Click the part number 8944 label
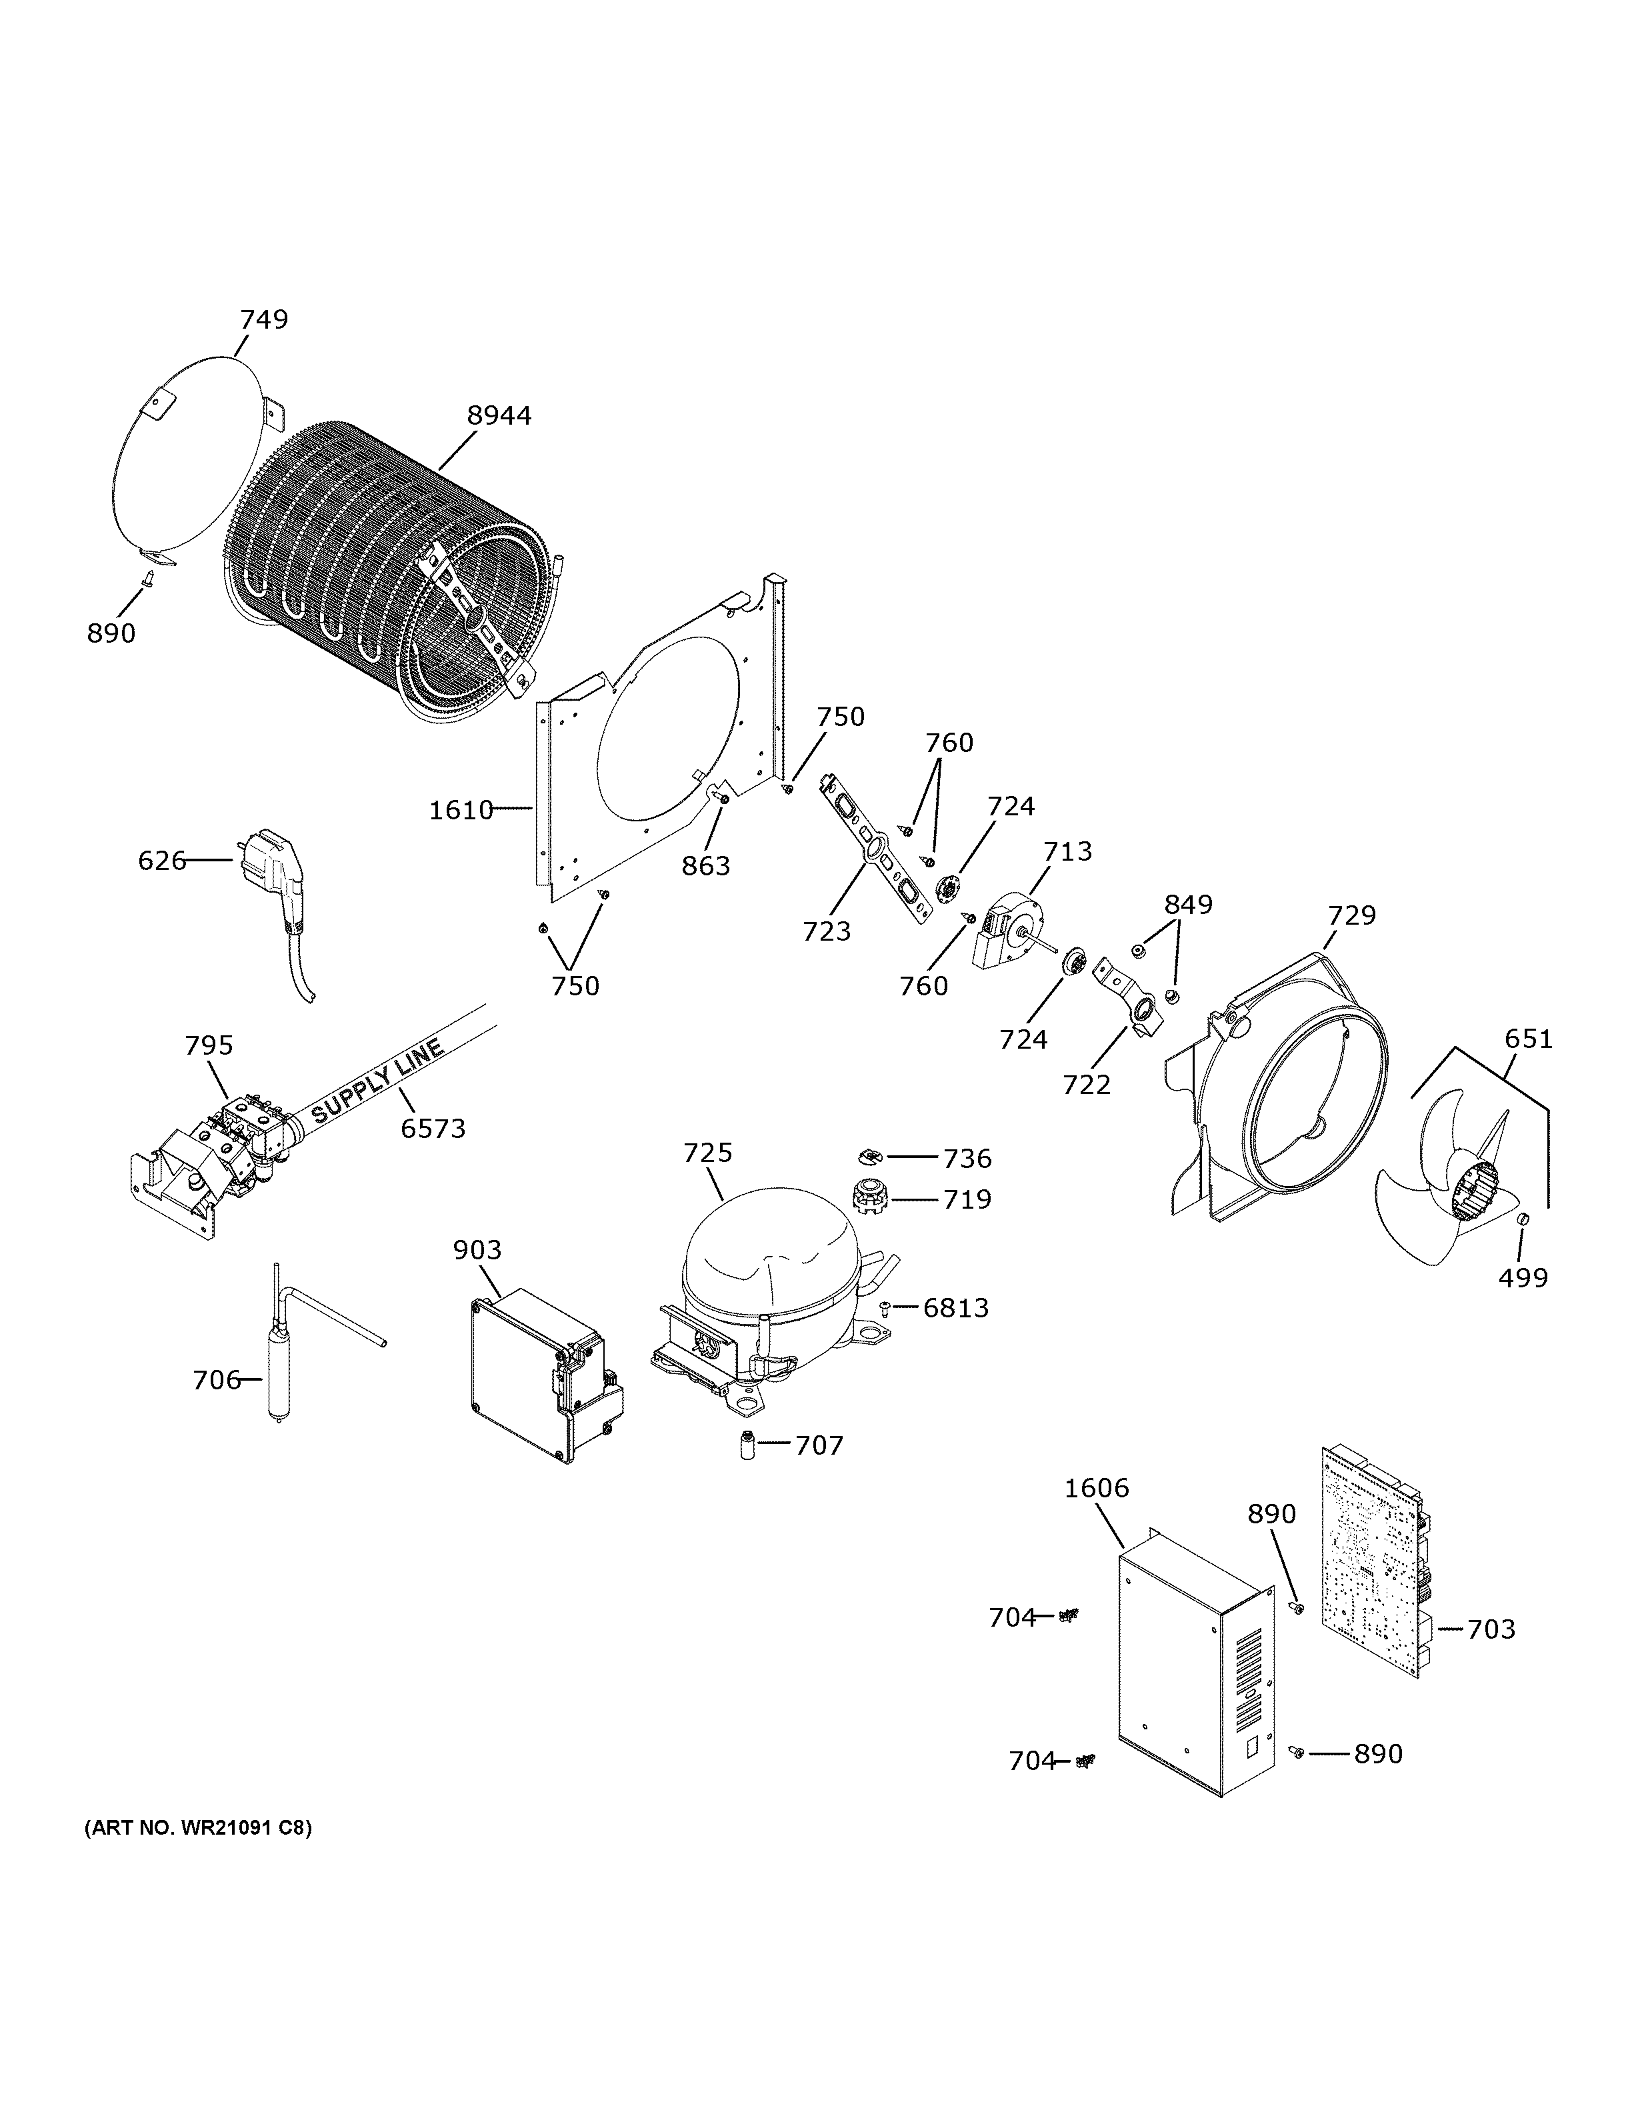pyautogui.click(x=499, y=416)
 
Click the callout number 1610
pyautogui.click(x=461, y=811)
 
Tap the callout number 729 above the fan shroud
pyautogui.click(x=1351, y=915)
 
